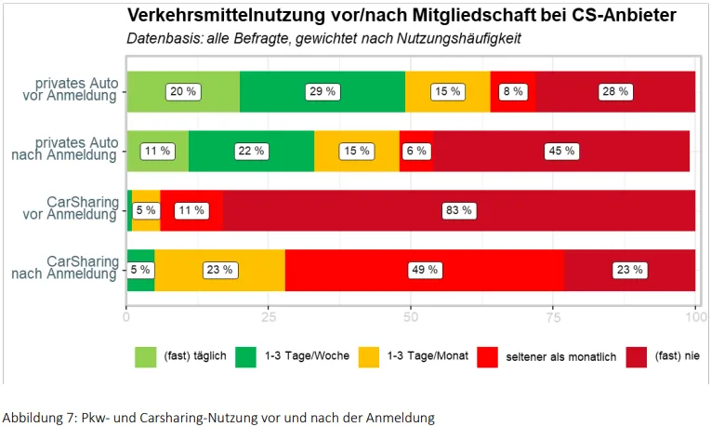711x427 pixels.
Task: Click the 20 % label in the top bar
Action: [x=183, y=92]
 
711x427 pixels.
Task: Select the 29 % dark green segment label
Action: [x=323, y=92]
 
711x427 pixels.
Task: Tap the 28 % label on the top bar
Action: [x=615, y=92]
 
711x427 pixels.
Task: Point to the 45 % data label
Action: [x=561, y=151]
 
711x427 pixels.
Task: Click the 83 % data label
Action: [x=459, y=210]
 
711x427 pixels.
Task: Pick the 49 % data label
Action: [x=425, y=270]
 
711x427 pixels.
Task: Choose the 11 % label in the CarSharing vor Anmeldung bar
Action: [x=191, y=210]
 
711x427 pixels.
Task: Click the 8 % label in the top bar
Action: [x=513, y=92]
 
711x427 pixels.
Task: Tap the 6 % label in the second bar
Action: [x=416, y=151]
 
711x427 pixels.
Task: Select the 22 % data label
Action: [x=251, y=151]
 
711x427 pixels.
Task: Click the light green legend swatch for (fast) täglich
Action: [x=146, y=357]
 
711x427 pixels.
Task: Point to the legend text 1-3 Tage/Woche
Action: [x=307, y=355]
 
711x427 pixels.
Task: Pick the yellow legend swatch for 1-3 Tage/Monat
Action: [x=369, y=357]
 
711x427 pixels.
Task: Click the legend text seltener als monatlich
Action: [x=561, y=357]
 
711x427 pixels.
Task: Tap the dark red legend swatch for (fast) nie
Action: [x=636, y=357]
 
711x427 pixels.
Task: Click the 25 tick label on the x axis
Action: [x=269, y=316]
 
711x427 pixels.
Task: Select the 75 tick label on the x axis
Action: [x=553, y=316]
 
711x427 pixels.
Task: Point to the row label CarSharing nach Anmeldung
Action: [x=65, y=268]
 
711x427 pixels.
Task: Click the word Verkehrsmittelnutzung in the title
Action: [x=226, y=16]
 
